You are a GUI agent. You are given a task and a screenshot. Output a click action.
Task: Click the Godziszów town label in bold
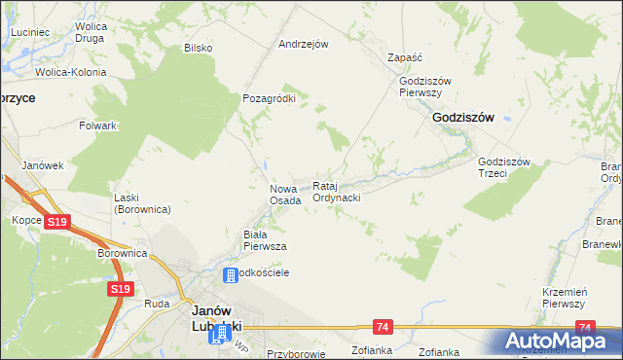click(462, 117)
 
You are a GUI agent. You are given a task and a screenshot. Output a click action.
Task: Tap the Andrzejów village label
click(303, 44)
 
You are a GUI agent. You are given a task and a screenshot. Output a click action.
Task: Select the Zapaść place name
click(404, 57)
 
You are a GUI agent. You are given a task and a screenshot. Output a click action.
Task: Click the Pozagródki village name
click(269, 98)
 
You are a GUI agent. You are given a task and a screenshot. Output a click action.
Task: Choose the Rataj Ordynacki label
click(337, 192)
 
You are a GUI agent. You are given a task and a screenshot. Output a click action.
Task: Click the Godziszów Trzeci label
click(503, 167)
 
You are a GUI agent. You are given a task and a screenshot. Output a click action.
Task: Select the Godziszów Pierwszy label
click(421, 87)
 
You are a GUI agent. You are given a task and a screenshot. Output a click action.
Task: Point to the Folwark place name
click(98, 126)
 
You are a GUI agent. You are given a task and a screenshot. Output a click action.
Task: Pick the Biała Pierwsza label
click(264, 240)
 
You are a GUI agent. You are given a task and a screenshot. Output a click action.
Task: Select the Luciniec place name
click(30, 32)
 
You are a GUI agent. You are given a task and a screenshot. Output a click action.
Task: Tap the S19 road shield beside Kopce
click(57, 222)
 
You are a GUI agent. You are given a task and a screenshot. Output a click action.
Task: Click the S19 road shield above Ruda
click(120, 289)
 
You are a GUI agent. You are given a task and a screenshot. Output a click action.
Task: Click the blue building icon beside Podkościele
click(232, 276)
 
